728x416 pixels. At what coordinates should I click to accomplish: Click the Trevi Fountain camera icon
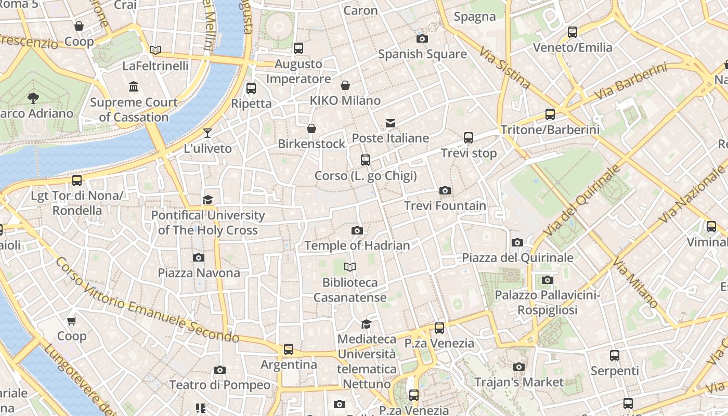(445, 191)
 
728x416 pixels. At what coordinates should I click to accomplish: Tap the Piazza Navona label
(199, 272)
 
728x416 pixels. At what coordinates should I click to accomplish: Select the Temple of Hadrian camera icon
(357, 230)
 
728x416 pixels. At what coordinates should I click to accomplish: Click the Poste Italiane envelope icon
(390, 123)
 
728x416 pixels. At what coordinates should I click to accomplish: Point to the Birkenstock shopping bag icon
(311, 128)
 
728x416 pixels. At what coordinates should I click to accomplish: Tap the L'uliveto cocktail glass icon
(207, 133)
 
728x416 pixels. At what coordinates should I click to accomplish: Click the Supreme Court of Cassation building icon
(134, 86)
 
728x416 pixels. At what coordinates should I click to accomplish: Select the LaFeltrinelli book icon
(155, 50)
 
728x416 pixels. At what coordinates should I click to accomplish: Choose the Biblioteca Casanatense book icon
(350, 267)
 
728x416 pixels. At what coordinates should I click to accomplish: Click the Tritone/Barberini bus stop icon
(550, 114)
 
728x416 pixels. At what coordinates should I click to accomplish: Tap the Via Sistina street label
(505, 68)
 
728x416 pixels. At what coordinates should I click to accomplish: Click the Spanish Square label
(422, 54)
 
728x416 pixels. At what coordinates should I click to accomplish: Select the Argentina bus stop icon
(289, 349)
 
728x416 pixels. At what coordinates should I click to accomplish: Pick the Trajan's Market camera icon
(518, 367)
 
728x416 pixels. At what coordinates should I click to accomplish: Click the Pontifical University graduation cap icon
(207, 200)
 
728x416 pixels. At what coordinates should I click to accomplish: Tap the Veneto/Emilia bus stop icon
(573, 32)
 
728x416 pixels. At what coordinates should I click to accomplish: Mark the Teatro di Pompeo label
(220, 385)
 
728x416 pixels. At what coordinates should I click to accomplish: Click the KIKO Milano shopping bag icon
(345, 85)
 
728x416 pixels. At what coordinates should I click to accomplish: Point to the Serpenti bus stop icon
(615, 356)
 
